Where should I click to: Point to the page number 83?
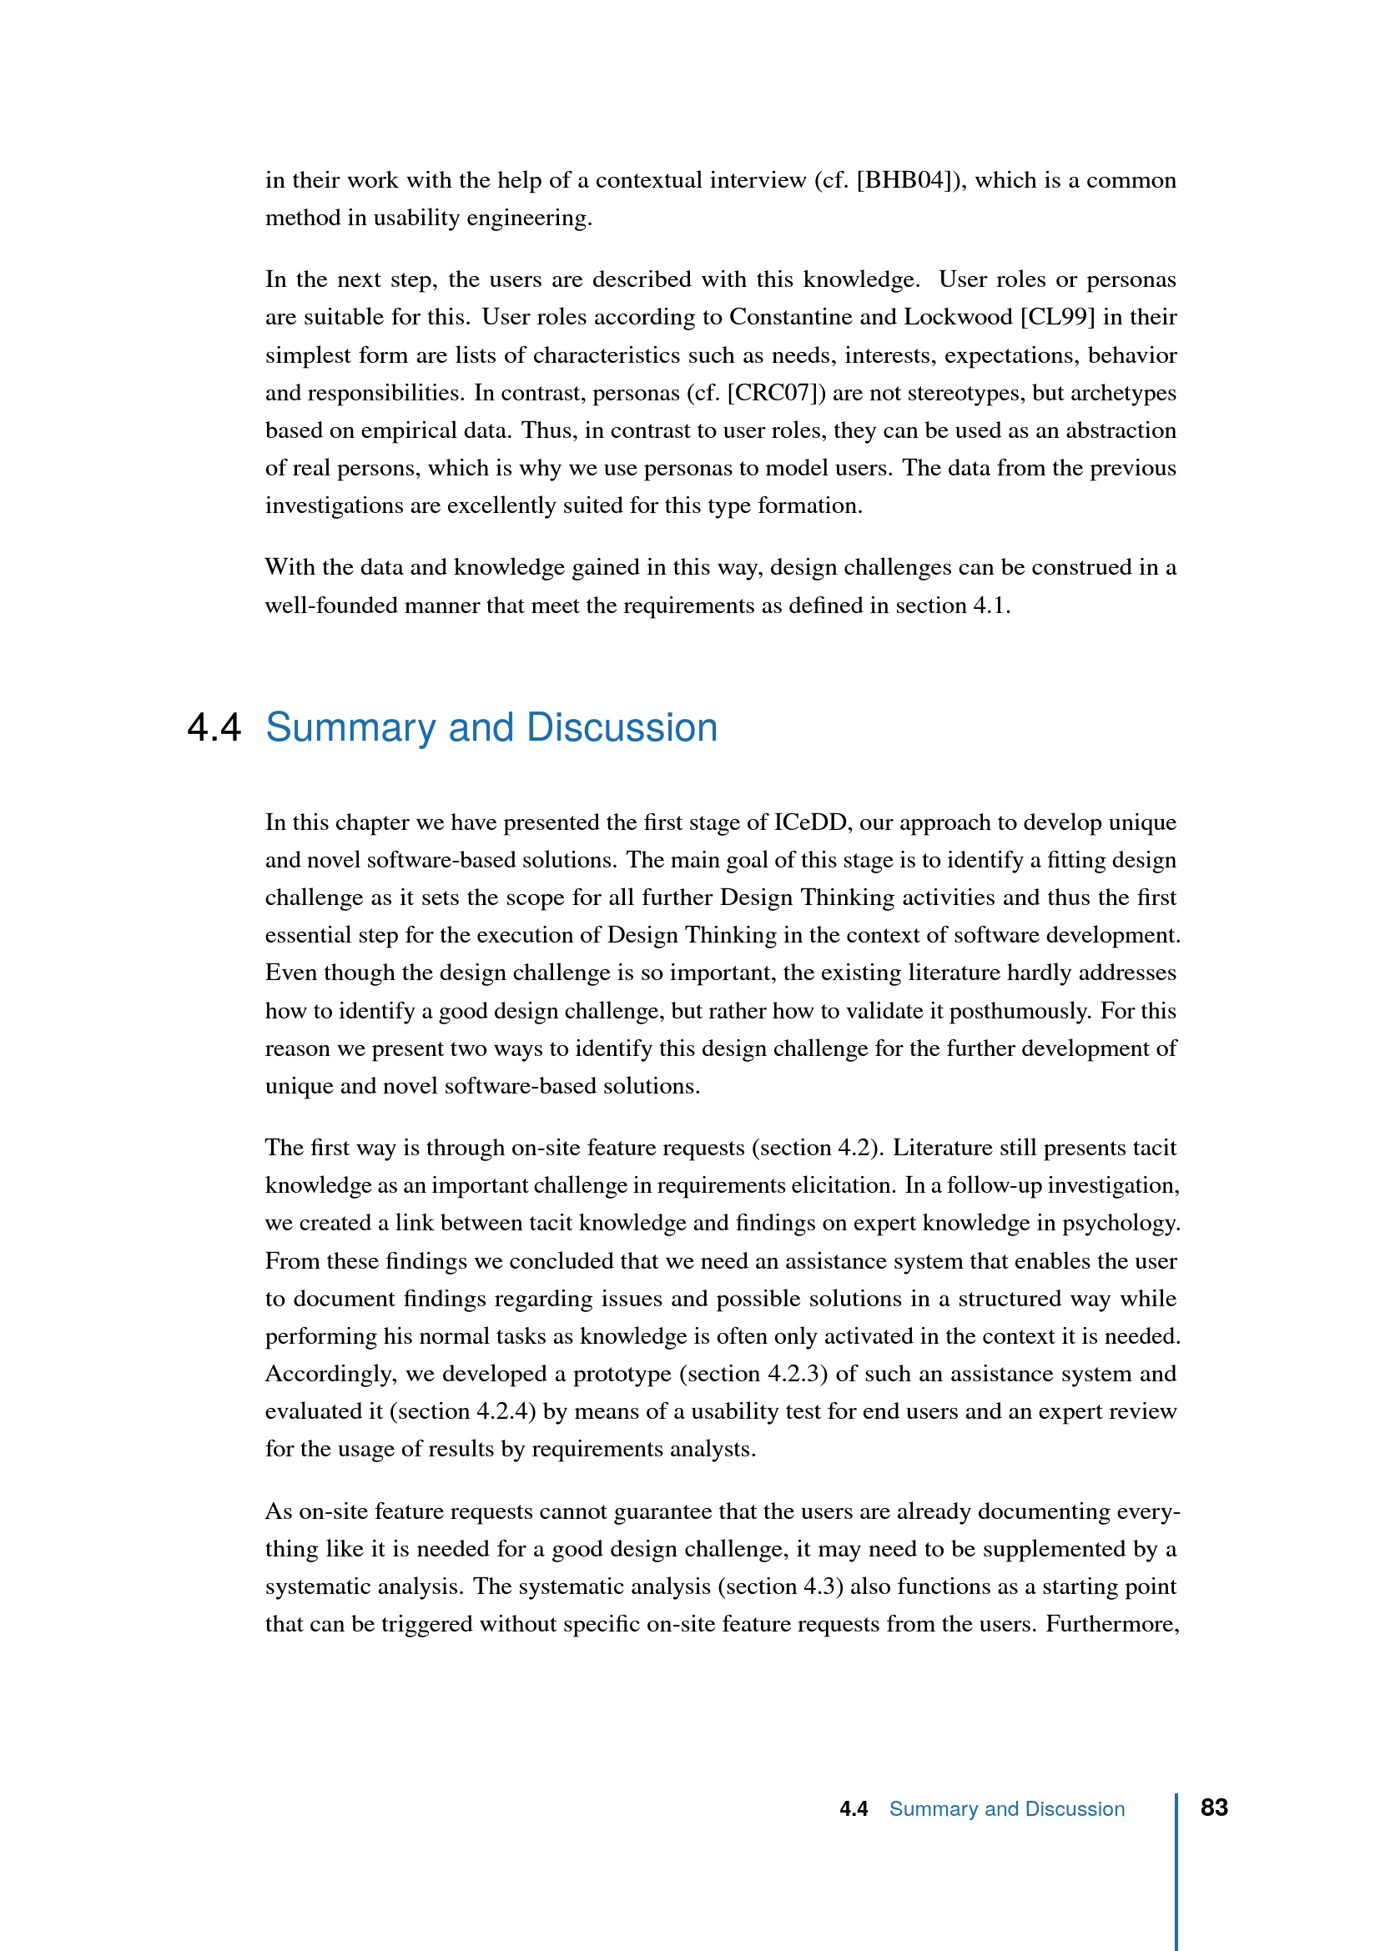(x=1213, y=1808)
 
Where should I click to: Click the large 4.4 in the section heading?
(x=214, y=728)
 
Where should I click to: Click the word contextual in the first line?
(x=649, y=181)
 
